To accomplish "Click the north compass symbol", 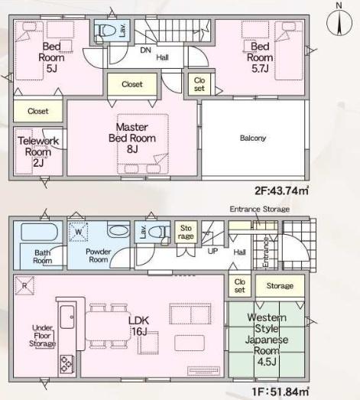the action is [339, 21].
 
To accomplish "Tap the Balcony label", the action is [253, 138].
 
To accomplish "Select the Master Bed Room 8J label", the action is [132, 138].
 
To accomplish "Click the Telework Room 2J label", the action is [38, 151].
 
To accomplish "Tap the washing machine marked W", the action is [79, 232].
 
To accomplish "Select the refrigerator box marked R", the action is [24, 285].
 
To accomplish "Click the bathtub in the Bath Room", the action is [39, 232].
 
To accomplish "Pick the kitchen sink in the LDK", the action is [67, 317].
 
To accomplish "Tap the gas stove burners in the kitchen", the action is [66, 364].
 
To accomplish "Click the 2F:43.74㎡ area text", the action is [282, 190].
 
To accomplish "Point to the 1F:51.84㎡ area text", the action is [281, 392].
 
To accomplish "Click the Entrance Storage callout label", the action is [260, 210].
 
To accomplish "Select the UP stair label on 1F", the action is [212, 252].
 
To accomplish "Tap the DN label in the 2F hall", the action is [145, 50].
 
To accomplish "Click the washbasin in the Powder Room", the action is [118, 230].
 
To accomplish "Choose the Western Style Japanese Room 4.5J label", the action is [267, 340].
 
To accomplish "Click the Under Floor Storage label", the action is [42, 336].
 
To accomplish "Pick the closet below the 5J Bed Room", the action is [38, 111].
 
